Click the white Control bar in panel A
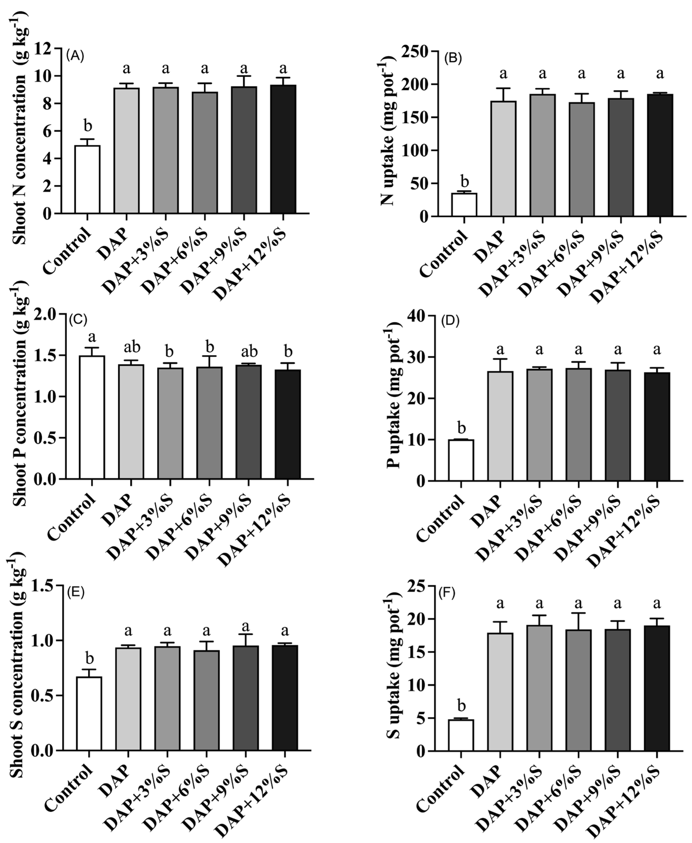[x=87, y=179]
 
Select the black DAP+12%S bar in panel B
[x=660, y=155]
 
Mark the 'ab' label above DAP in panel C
[x=132, y=347]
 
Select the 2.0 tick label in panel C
[x=46, y=315]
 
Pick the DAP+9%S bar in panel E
[x=246, y=698]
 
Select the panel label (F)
[x=447, y=593]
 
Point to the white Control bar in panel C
[x=92, y=417]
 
